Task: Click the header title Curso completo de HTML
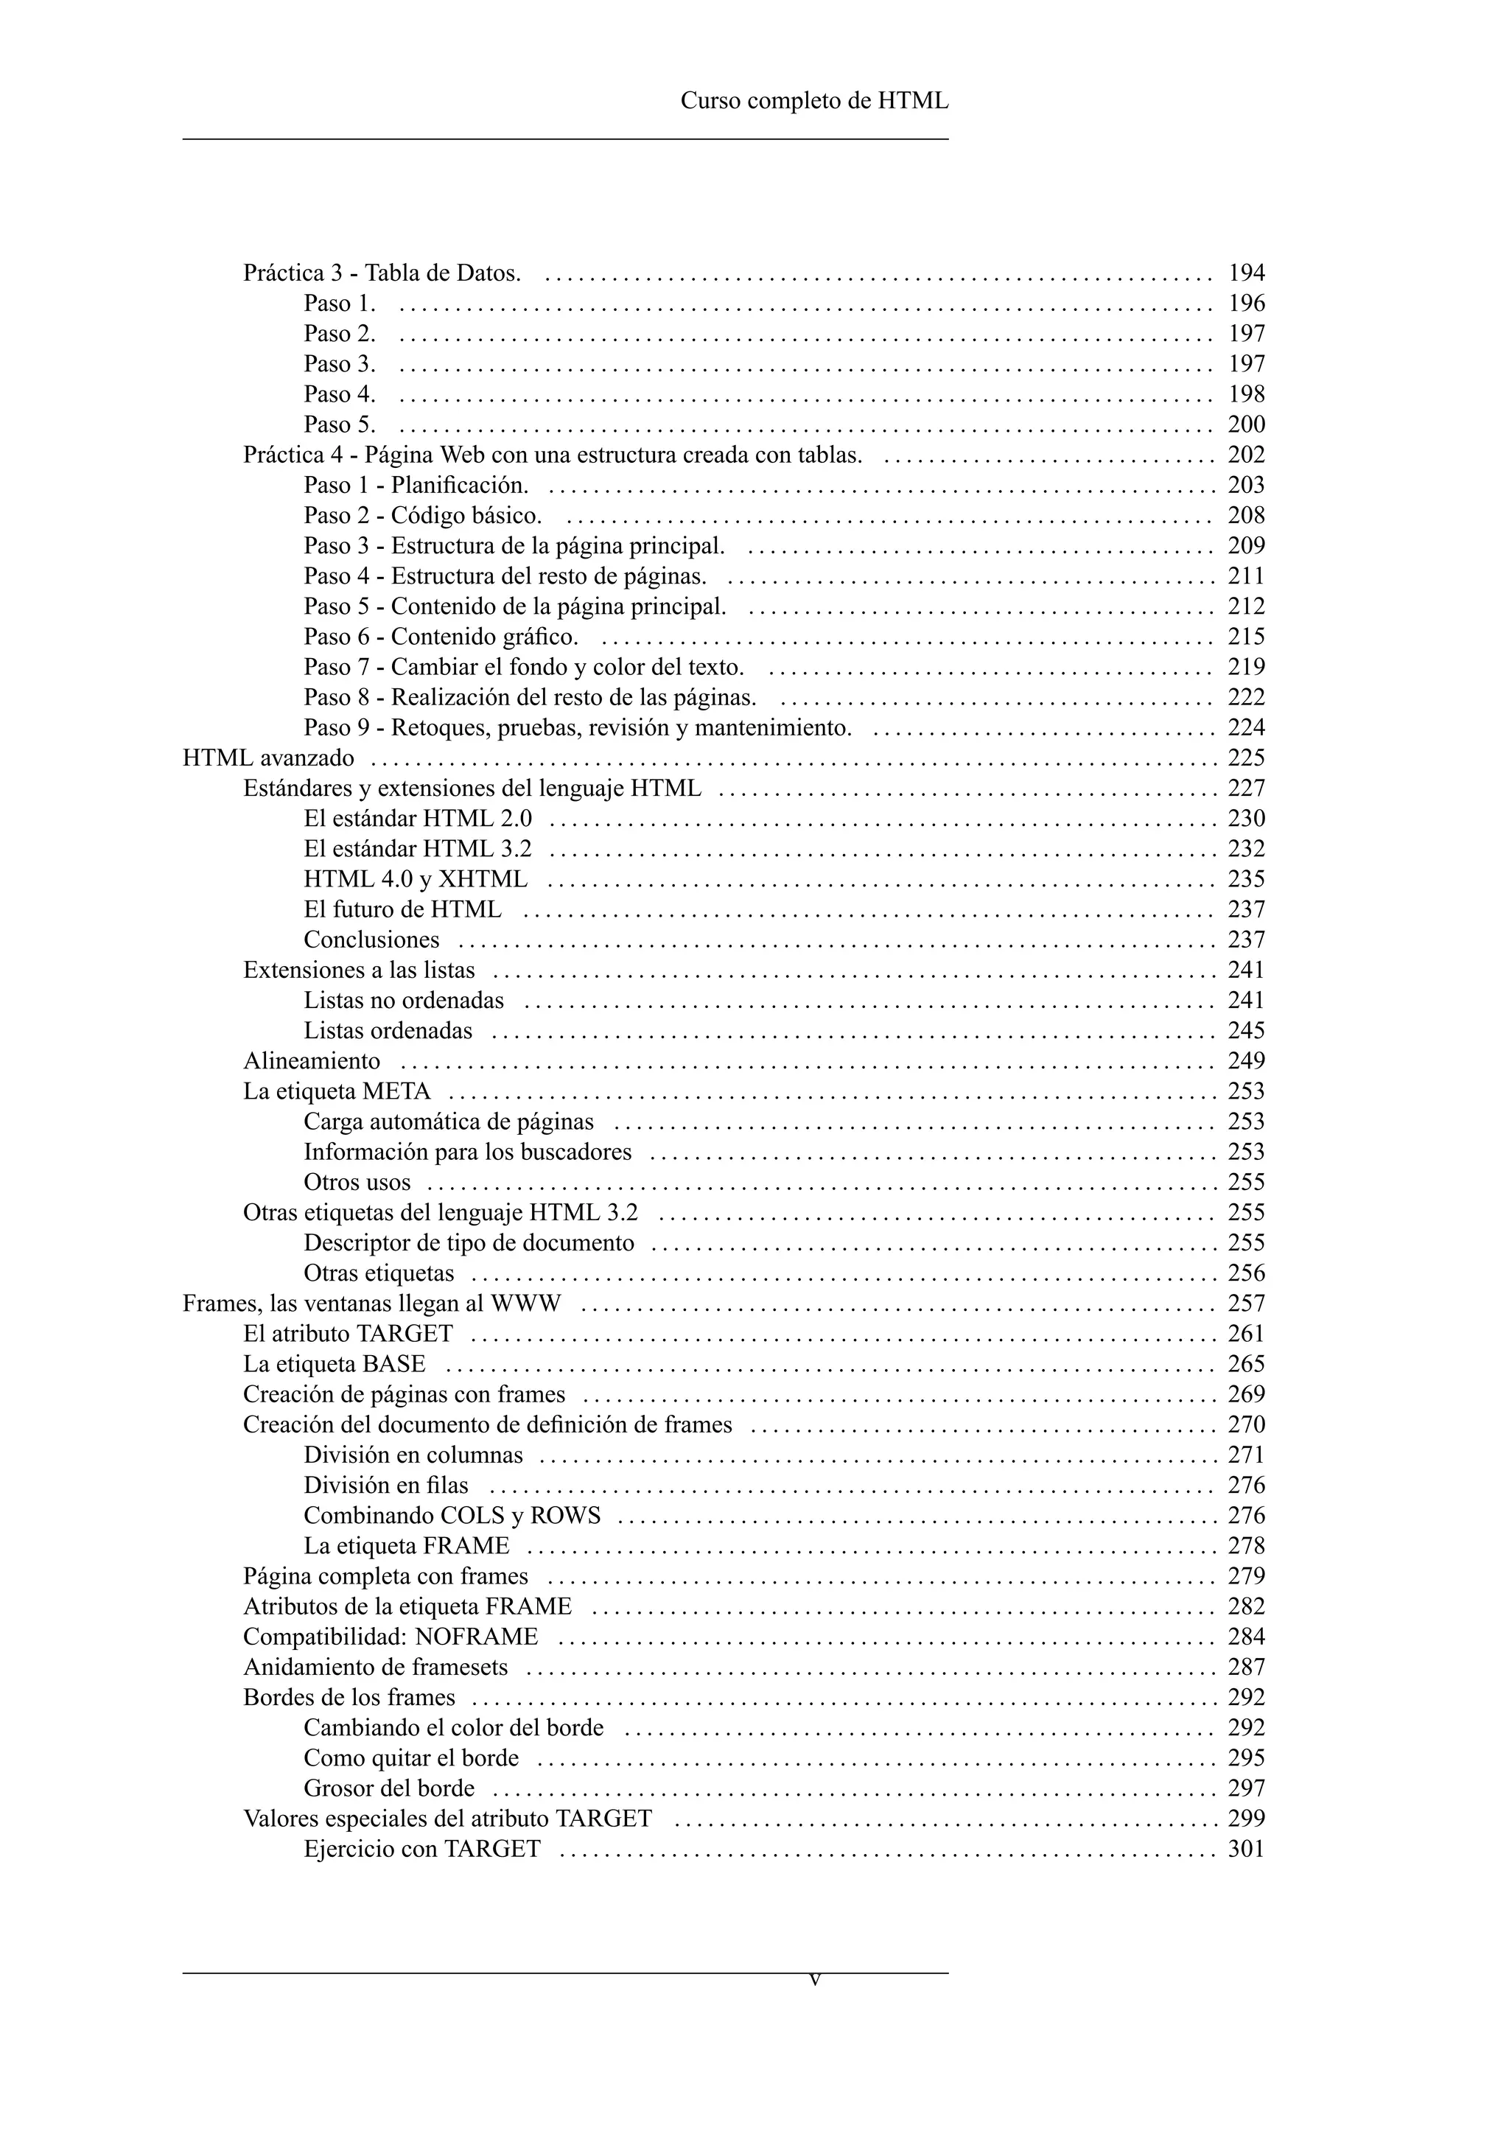(814, 100)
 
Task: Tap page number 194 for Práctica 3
(1246, 273)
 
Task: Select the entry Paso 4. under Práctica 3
(339, 394)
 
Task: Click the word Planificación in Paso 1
(459, 485)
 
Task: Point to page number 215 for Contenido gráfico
(1246, 637)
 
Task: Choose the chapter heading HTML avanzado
(268, 758)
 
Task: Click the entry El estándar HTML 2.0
(418, 819)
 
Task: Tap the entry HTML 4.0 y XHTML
(416, 879)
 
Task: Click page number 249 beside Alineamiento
(1246, 1061)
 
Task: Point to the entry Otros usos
(357, 1182)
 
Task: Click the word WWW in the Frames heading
(526, 1304)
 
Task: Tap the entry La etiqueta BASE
(335, 1365)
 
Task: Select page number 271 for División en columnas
(1246, 1455)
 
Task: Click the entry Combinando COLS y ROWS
(452, 1516)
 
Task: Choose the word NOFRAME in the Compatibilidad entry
(477, 1637)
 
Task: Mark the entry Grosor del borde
(388, 1788)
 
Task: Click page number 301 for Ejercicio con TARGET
(1246, 1849)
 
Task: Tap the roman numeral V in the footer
(815, 1981)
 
